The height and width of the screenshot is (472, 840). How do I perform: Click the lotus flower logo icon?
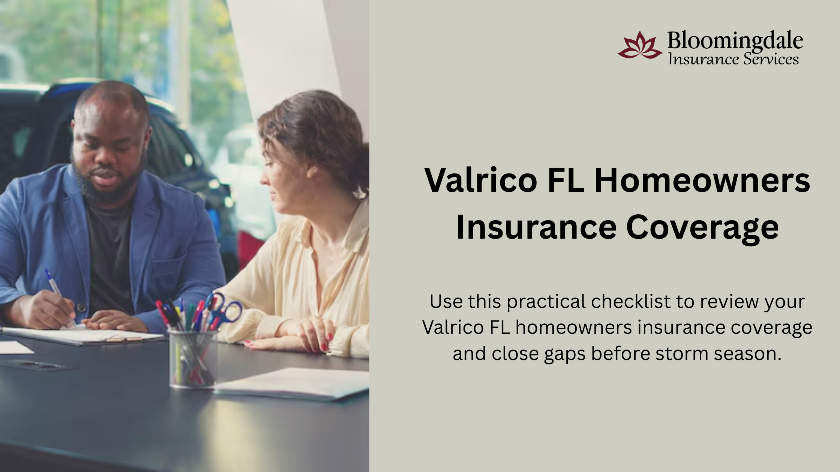point(640,45)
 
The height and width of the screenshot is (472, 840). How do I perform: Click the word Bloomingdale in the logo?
point(735,40)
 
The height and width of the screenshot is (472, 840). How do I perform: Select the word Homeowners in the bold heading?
point(702,181)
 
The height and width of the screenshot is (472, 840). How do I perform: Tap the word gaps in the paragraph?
point(565,355)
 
